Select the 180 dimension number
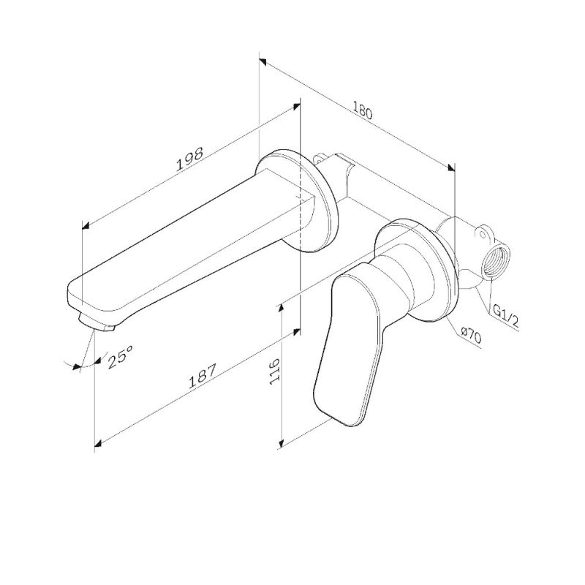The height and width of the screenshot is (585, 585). pyautogui.click(x=363, y=112)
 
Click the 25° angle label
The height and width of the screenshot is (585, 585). pyautogui.click(x=120, y=358)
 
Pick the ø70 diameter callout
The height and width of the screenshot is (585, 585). pyautogui.click(x=470, y=336)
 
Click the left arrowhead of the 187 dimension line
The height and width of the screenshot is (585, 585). pyautogui.click(x=98, y=442)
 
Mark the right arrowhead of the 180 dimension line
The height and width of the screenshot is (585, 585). pyautogui.click(x=451, y=167)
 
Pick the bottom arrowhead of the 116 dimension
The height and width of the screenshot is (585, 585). pyautogui.click(x=282, y=442)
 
